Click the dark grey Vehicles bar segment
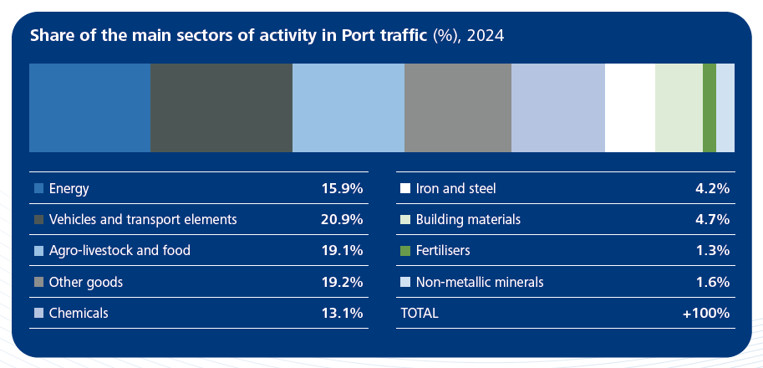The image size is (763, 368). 221,107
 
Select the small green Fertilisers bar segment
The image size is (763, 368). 709,107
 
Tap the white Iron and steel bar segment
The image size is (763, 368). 629,107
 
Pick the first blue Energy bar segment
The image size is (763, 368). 89,107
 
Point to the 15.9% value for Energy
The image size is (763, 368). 342,188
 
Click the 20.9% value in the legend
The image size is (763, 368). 342,219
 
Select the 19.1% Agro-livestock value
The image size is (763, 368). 342,250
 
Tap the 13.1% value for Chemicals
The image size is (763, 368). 342,313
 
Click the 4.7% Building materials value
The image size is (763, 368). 712,219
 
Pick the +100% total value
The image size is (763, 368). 706,313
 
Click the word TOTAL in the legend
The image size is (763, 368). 420,313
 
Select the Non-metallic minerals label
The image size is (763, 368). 480,282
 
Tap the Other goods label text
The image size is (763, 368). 86,282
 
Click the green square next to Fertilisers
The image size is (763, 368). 405,251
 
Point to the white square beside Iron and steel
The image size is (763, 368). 405,189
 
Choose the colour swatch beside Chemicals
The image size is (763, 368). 38,314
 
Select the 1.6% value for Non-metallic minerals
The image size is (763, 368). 712,282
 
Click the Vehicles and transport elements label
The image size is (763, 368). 143,219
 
